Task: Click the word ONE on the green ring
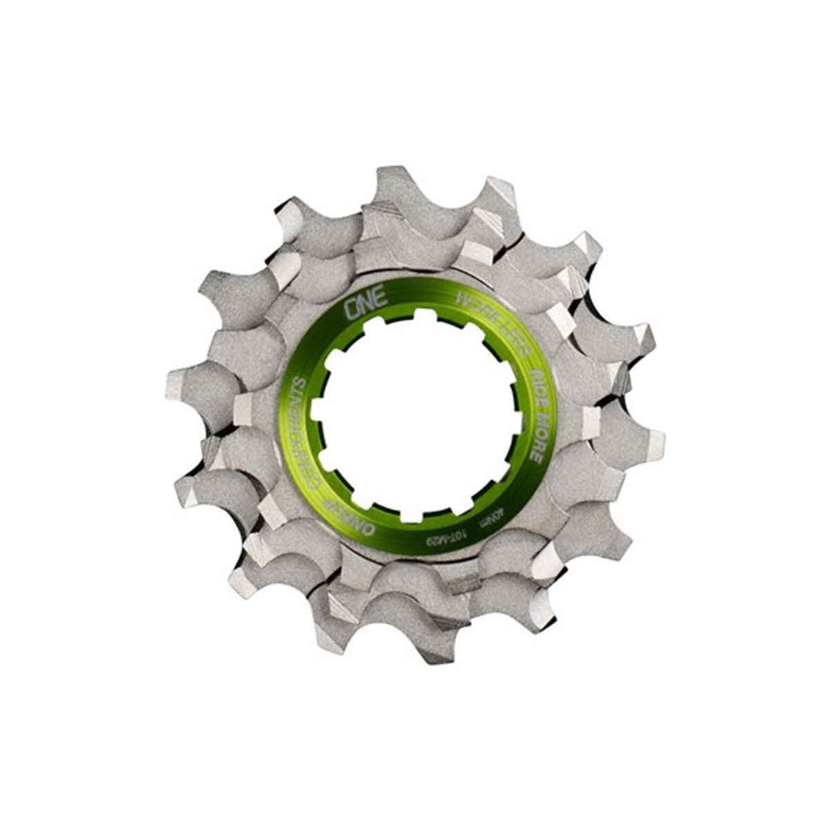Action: (358, 306)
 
